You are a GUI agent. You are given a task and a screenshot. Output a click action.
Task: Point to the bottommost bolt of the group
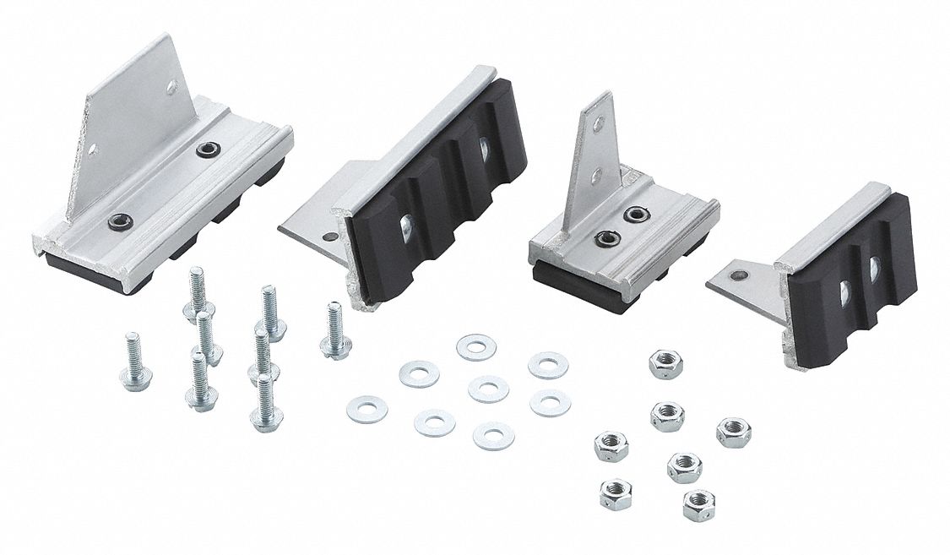[265, 402]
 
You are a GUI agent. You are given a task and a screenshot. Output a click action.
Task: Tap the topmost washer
[475, 346]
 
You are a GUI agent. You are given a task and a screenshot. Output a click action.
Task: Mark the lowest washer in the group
[493, 435]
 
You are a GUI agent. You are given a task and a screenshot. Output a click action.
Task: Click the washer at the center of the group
[487, 389]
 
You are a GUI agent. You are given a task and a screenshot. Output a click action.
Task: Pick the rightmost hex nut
[733, 432]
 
